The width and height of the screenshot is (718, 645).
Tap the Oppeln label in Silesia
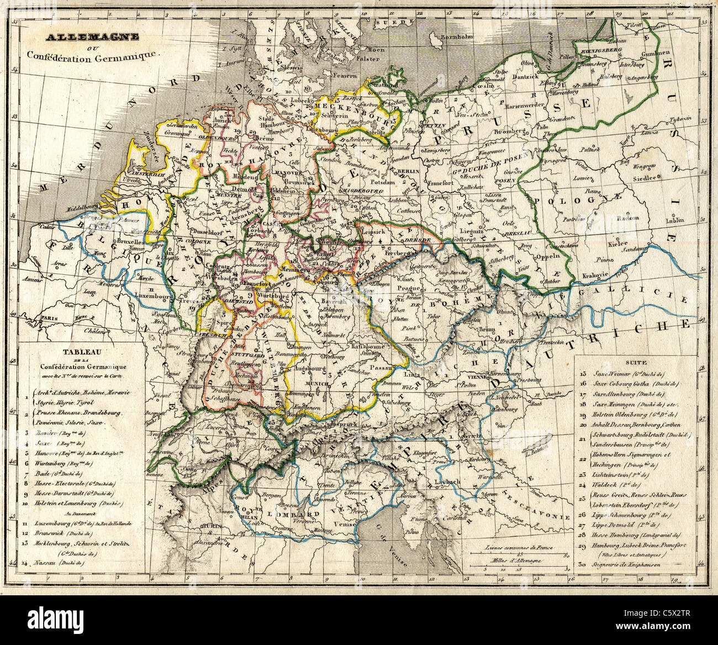pyautogui.click(x=547, y=256)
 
